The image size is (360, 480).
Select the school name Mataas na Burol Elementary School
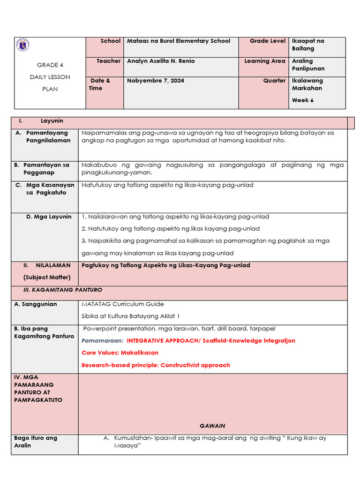(179, 41)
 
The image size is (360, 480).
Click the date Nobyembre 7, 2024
(155, 81)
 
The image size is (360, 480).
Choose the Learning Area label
(264, 61)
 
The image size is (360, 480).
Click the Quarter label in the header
(274, 81)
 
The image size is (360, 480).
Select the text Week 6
(302, 100)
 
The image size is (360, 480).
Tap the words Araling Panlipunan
(308, 65)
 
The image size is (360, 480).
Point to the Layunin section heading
(52, 121)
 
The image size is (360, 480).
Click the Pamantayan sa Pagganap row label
(46, 169)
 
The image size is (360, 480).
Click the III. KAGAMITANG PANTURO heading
(63, 290)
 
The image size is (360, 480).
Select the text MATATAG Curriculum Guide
(122, 304)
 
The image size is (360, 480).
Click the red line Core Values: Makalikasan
(120, 352)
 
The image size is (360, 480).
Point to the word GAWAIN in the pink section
(212, 426)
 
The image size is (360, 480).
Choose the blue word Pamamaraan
(102, 341)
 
